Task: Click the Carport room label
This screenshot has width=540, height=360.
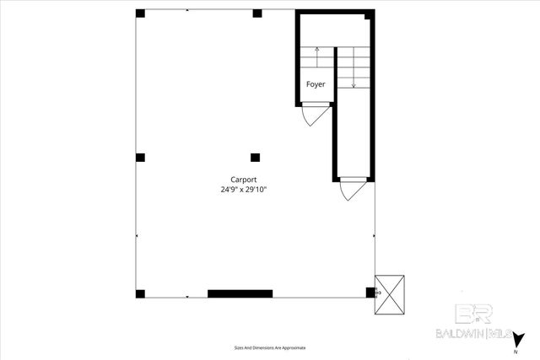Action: (x=244, y=179)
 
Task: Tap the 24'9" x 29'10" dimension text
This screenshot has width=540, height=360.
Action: (x=244, y=190)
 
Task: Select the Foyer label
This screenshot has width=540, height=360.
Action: (x=315, y=84)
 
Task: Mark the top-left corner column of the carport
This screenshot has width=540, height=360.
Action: (x=140, y=14)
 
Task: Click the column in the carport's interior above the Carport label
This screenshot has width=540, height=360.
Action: (x=256, y=156)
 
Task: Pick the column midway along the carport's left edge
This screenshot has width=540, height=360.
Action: (x=140, y=157)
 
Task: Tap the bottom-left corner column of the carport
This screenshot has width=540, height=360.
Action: (x=140, y=293)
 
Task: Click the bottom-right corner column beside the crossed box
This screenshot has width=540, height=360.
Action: (x=370, y=293)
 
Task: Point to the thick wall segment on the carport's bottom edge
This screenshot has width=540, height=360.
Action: (x=240, y=293)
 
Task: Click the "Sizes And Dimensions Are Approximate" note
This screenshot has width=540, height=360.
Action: (x=269, y=347)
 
